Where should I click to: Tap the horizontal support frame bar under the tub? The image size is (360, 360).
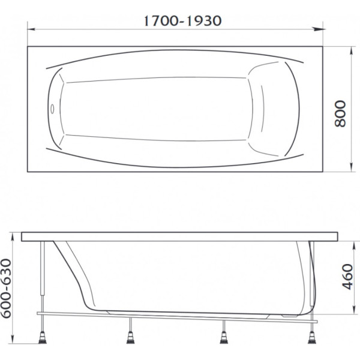pyautogui.click(x=180, y=314)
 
